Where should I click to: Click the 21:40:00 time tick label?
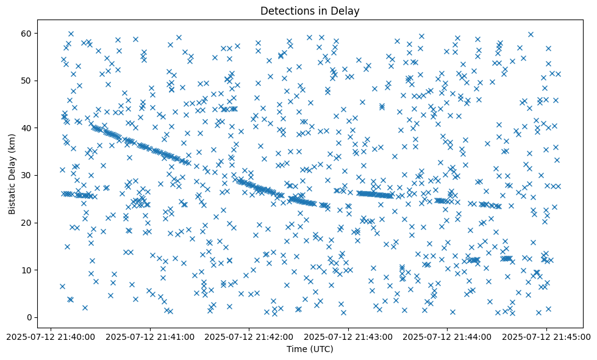(x=51, y=336)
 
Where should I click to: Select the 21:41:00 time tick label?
(x=150, y=336)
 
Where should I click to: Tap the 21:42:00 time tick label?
(x=249, y=336)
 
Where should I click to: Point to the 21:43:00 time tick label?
(x=348, y=336)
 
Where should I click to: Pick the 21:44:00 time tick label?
(x=447, y=336)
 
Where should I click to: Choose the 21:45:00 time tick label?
(x=546, y=336)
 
